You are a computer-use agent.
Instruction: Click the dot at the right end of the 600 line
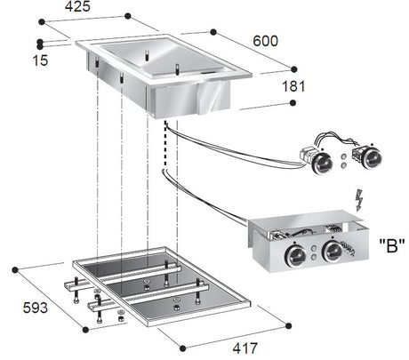click(293, 68)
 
